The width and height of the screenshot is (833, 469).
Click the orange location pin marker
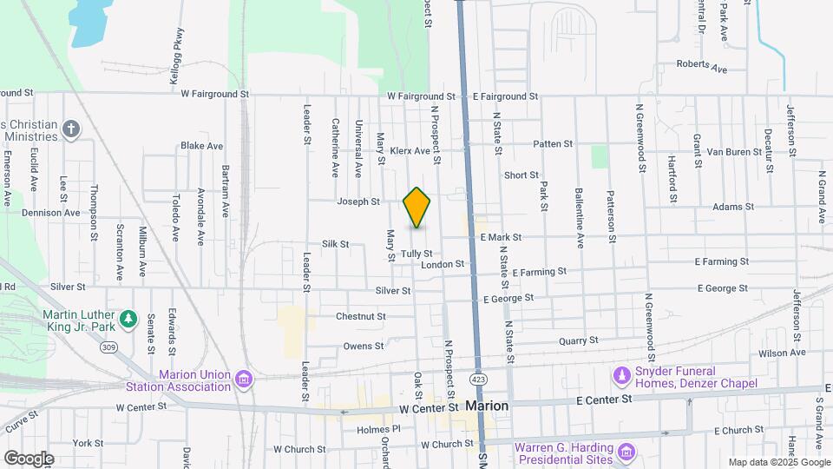coord(416,208)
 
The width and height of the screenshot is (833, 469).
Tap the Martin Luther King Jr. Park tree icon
coord(128,319)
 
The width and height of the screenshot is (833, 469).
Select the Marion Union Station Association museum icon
coord(244,379)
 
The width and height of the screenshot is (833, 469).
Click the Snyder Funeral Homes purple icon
coord(621,375)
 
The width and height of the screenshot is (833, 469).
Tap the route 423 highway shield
coord(478,380)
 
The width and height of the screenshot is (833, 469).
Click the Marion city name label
coord(487,406)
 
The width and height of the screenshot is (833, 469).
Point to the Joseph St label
coord(358,201)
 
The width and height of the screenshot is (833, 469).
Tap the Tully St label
coord(416,254)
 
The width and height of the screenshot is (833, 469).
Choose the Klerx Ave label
coord(410,150)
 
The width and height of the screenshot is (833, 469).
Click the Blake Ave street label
coord(202,146)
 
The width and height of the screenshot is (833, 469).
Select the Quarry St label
coord(579,341)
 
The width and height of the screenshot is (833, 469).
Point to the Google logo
coord(29,458)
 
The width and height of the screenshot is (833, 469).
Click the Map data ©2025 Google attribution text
coord(778,462)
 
